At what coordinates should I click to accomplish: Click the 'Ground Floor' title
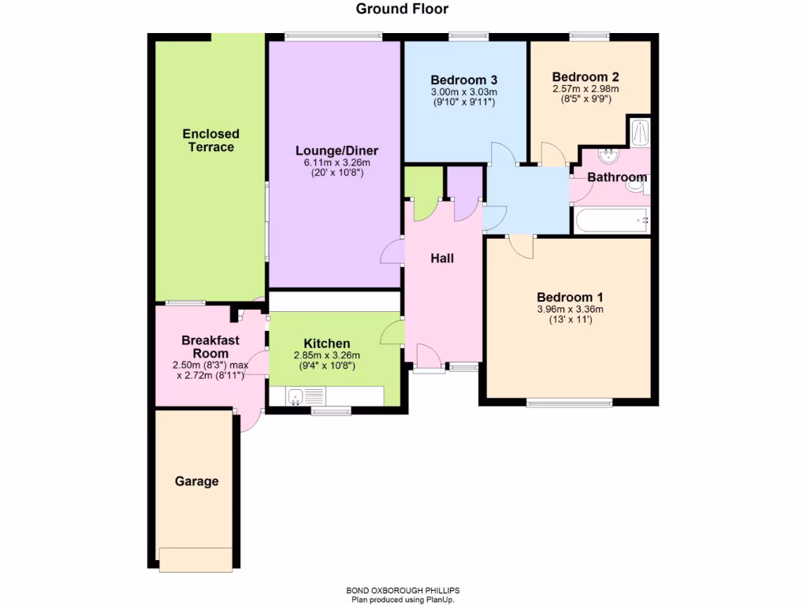tap(402, 9)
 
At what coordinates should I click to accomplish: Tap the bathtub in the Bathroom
tap(612, 221)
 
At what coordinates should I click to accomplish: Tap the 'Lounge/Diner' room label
tap(337, 150)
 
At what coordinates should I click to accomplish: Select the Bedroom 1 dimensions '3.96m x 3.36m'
tap(570, 310)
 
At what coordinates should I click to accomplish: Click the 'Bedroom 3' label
tap(463, 80)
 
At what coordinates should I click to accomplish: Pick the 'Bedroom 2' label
tap(585, 77)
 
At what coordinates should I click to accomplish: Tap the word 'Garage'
tap(196, 481)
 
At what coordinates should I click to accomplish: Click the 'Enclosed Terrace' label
tap(210, 140)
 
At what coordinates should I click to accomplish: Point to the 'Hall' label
tap(441, 258)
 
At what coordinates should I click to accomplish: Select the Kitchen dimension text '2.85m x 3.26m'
tap(326, 355)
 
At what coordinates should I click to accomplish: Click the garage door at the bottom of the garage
tap(195, 559)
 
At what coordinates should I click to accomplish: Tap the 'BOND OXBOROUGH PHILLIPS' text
tap(402, 591)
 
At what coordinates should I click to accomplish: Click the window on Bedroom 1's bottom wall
tap(569, 403)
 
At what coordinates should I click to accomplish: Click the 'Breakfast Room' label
tap(210, 347)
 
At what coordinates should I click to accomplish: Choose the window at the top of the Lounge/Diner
tap(333, 36)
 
